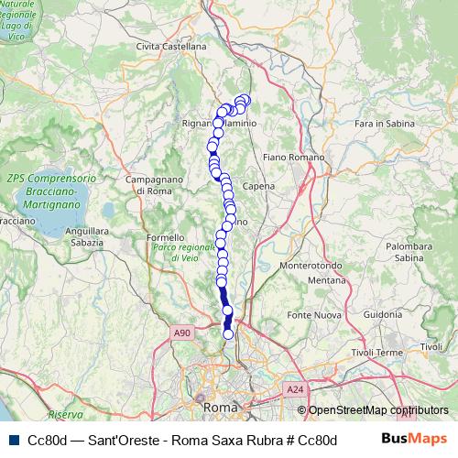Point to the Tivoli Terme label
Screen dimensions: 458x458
pos(376,353)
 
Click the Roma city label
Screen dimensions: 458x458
pos(222,406)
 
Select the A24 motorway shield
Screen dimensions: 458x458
pos(294,390)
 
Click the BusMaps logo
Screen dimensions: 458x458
pos(413,439)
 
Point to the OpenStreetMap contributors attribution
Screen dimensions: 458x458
pos(378,411)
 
